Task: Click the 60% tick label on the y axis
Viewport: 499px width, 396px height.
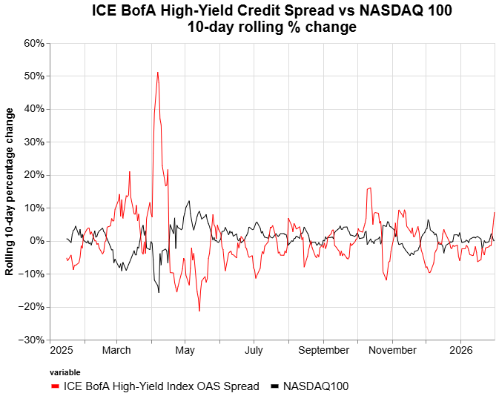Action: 35,43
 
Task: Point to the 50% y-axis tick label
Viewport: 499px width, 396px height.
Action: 35,76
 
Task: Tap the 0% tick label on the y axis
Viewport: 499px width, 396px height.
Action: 38,241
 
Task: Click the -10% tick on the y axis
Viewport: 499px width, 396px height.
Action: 33,274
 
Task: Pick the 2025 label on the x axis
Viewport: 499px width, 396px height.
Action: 62,350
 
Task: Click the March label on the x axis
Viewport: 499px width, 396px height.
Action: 116,350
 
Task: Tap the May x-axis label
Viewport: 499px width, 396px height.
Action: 185,350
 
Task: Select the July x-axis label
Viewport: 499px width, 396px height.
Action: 254,350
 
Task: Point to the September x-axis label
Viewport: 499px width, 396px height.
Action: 323,350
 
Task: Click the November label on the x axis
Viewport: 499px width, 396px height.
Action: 392,350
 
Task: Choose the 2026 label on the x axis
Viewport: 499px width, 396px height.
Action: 461,350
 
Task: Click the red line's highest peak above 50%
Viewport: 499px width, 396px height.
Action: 157,73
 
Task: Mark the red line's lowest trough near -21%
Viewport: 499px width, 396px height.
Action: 199,311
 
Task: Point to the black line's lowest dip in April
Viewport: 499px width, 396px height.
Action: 159,292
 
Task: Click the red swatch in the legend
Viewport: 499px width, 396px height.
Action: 56,386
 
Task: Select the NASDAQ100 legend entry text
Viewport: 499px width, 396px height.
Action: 315,386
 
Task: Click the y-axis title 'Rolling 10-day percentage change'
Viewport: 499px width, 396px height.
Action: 10,191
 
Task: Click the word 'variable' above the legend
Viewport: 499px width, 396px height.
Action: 65,372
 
